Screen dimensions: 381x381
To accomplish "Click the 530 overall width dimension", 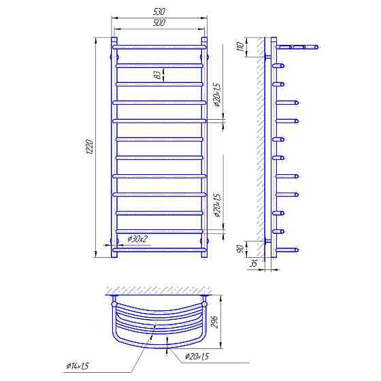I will (x=159, y=12).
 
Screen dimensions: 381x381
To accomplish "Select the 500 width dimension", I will (x=159, y=23).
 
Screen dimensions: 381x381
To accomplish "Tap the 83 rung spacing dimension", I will (x=158, y=75).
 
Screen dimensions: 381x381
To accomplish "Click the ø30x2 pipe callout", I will (x=138, y=239).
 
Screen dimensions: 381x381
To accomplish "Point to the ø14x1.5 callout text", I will (x=78, y=367).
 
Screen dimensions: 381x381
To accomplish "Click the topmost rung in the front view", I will (x=159, y=47).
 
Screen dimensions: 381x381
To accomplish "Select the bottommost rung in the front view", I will (x=159, y=250).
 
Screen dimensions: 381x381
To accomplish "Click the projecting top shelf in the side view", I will (x=297, y=47).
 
